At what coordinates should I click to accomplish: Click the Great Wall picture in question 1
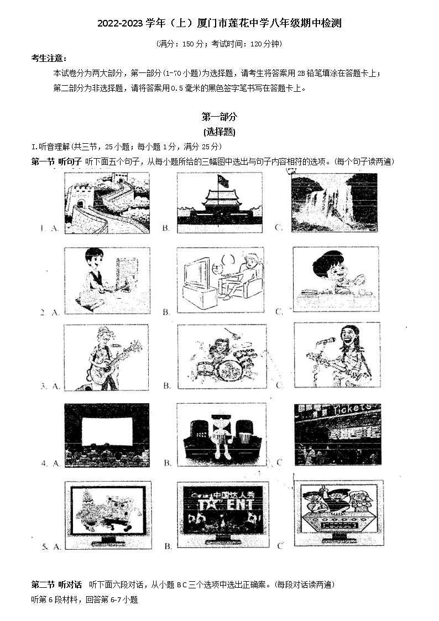tap(107, 202)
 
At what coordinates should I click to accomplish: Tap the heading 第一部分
tap(219, 117)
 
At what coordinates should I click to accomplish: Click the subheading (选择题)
tap(219, 132)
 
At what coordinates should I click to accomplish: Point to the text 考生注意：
tap(50, 58)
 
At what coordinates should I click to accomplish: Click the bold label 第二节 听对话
tap(56, 585)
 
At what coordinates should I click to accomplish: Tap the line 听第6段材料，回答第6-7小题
tap(85, 599)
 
